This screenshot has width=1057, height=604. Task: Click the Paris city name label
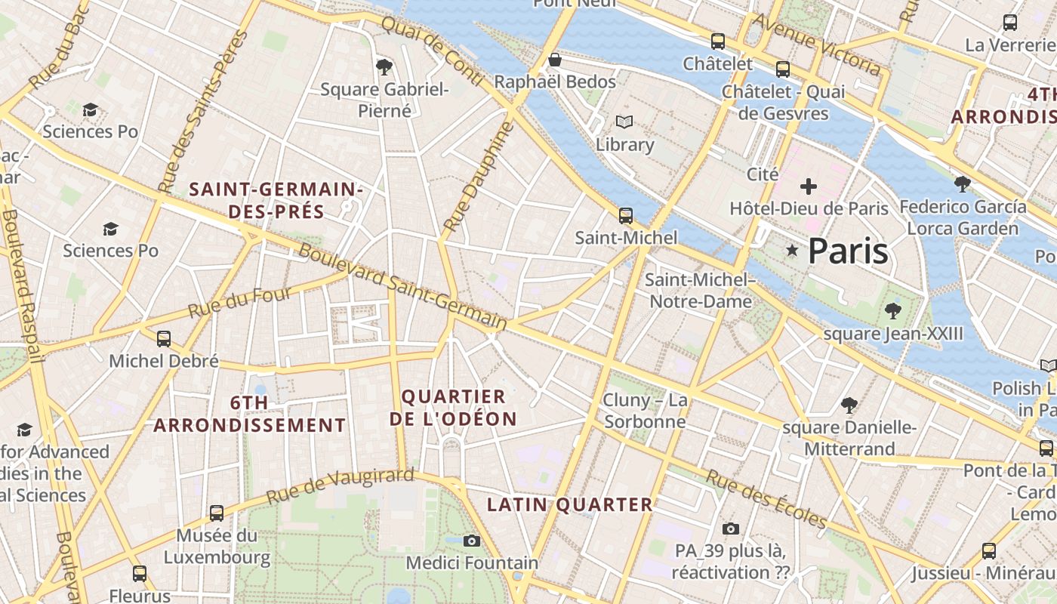pyautogui.click(x=848, y=251)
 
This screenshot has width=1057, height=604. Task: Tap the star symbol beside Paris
pyautogui.click(x=792, y=250)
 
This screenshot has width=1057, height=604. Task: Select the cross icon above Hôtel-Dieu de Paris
pyautogui.click(x=809, y=186)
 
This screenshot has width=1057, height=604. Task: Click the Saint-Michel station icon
pyautogui.click(x=625, y=216)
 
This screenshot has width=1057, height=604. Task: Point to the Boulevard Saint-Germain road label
pyautogui.click(x=402, y=287)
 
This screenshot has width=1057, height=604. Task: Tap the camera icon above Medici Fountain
pyautogui.click(x=472, y=541)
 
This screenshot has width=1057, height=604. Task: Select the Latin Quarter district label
pyautogui.click(x=569, y=504)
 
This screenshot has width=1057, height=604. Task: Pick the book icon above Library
pyautogui.click(x=624, y=122)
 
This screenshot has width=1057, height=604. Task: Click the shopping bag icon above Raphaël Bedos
pyautogui.click(x=555, y=59)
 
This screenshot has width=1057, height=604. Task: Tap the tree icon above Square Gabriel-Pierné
pyautogui.click(x=384, y=67)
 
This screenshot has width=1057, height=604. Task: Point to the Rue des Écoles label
pyautogui.click(x=766, y=498)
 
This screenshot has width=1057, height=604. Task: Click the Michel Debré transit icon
pyautogui.click(x=164, y=339)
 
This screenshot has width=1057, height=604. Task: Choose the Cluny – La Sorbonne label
pyautogui.click(x=645, y=410)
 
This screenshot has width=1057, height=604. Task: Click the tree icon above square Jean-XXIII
pyautogui.click(x=893, y=310)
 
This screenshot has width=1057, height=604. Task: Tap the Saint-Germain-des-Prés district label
pyautogui.click(x=276, y=201)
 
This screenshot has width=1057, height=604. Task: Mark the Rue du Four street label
pyautogui.click(x=239, y=301)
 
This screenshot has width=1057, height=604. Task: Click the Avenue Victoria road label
pyautogui.click(x=817, y=45)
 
